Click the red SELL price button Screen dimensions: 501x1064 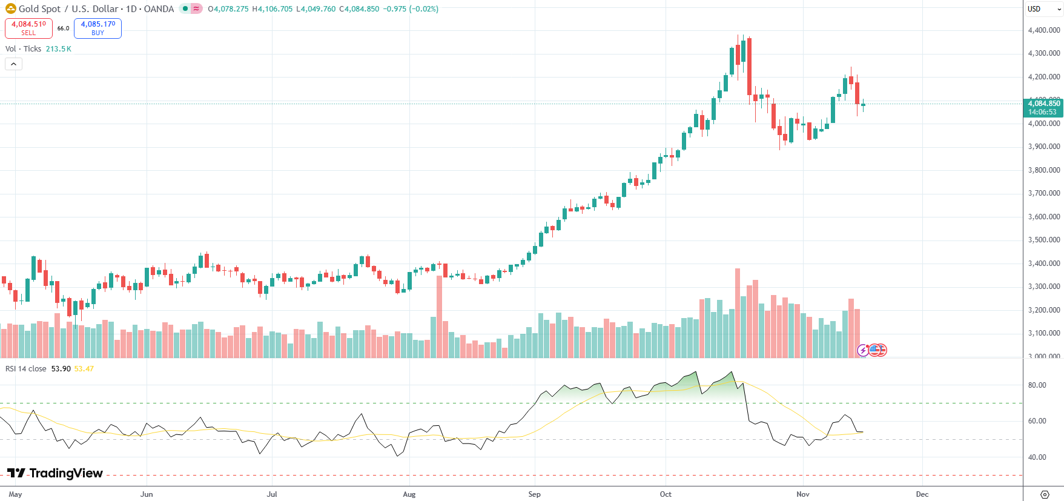click(x=28, y=28)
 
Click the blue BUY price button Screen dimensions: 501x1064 click(x=97, y=28)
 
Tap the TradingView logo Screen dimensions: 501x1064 click(x=55, y=473)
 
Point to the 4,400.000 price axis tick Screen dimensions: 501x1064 click(x=1044, y=30)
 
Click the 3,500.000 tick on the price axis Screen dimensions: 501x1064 click(x=1044, y=240)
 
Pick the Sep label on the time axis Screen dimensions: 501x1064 click(x=534, y=494)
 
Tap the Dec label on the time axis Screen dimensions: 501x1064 click(x=922, y=494)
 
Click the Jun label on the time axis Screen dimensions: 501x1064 click(x=147, y=494)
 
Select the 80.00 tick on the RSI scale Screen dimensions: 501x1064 click(x=1037, y=385)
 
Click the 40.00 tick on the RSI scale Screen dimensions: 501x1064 click(x=1037, y=457)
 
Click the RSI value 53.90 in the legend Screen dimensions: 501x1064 click(x=61, y=369)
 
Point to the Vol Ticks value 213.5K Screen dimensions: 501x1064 click(x=59, y=49)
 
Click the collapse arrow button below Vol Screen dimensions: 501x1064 click(x=13, y=64)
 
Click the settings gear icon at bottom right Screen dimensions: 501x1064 click(x=1045, y=494)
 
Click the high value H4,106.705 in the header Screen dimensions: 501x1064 click(x=273, y=9)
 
